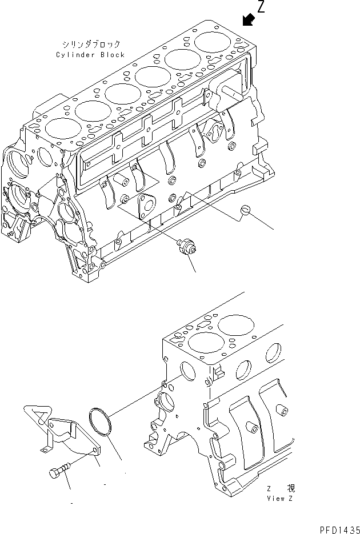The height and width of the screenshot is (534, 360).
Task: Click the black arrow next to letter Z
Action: click(x=248, y=20)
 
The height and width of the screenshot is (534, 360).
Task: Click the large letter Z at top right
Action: click(x=261, y=7)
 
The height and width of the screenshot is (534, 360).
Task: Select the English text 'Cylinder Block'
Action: click(x=90, y=54)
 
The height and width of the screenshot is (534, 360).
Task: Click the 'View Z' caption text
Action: click(x=281, y=497)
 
